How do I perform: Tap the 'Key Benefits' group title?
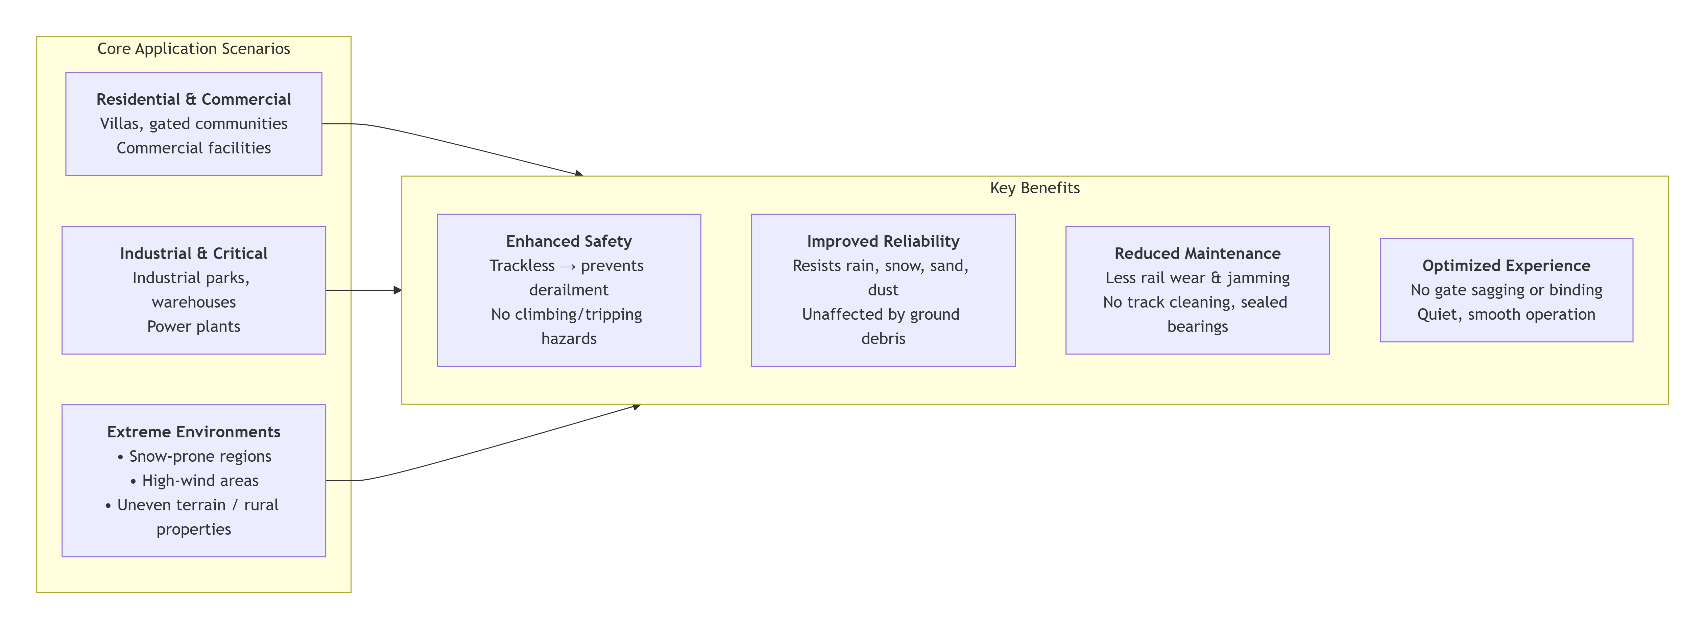coord(1034,188)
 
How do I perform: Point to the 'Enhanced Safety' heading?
coord(569,241)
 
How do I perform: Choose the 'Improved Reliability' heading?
coord(883,241)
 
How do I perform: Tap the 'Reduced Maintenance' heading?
coord(1197,253)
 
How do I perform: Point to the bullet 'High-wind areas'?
coord(194,481)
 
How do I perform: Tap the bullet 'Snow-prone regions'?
coord(194,456)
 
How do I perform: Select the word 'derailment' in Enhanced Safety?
coord(569,290)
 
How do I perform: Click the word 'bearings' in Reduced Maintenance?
coord(1197,326)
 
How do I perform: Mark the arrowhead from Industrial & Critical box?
coord(398,290)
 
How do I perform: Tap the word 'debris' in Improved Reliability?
coord(883,339)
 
